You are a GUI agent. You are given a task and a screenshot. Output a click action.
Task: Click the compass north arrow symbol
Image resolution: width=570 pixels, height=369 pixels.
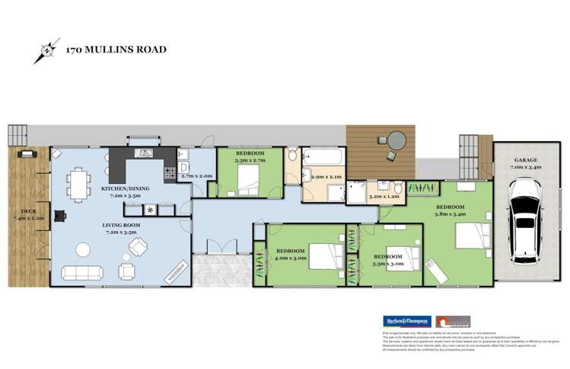pyautogui.click(x=45, y=52)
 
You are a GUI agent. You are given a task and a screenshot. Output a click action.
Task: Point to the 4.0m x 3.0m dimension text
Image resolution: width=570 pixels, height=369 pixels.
pyautogui.click(x=292, y=258)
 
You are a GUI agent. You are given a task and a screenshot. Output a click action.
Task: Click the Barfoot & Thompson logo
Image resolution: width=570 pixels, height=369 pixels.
pyautogui.click(x=400, y=321)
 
